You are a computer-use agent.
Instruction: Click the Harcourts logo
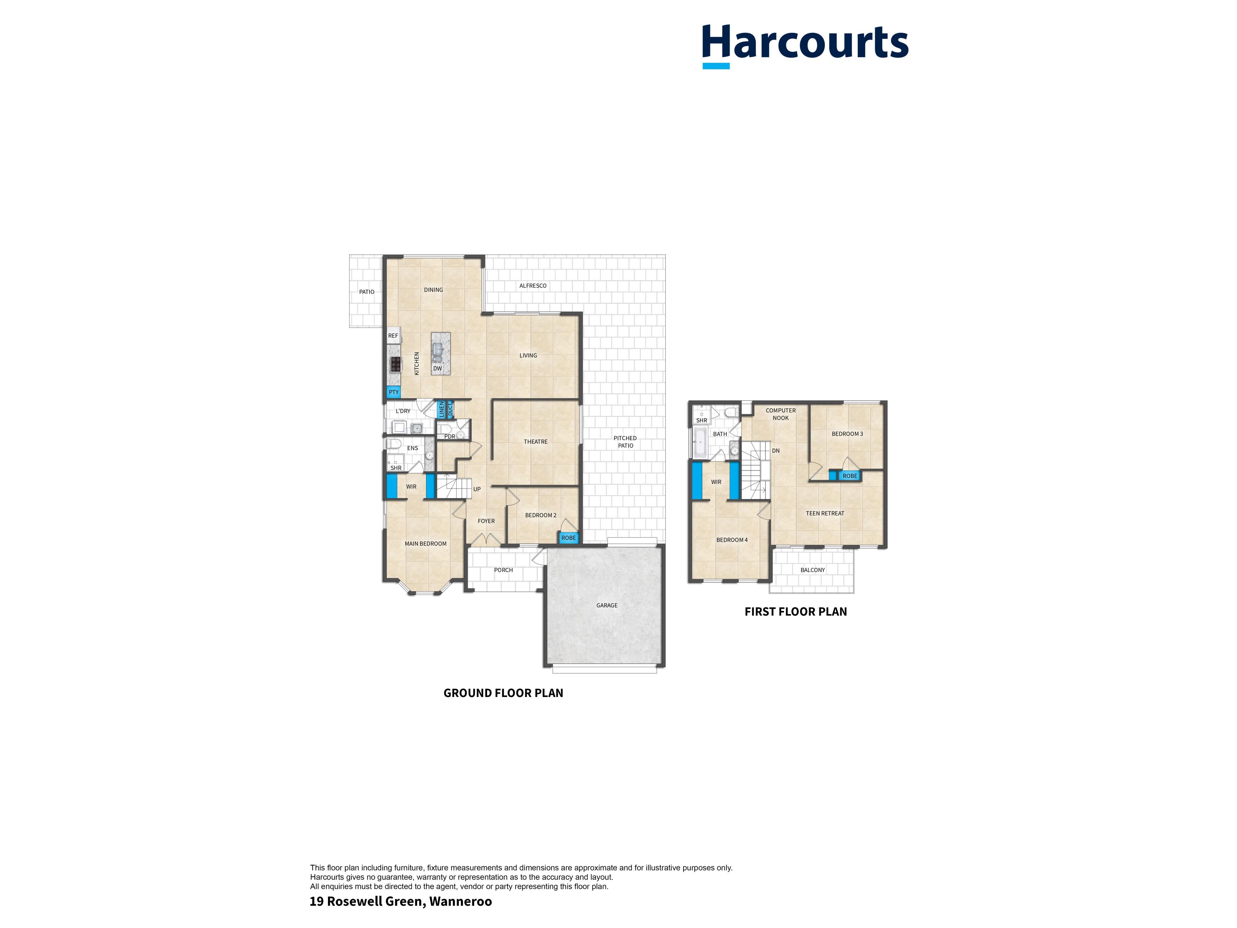[805, 46]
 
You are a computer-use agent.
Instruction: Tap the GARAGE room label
[607, 605]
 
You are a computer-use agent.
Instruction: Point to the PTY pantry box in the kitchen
[394, 392]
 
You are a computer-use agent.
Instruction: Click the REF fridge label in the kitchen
[393, 336]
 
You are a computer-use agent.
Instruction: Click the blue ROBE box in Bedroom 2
[568, 537]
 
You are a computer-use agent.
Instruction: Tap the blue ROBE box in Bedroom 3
[849, 476]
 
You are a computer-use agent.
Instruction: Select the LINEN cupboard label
[441, 410]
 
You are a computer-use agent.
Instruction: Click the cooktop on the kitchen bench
[395, 365]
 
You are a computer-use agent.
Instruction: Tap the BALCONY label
[812, 570]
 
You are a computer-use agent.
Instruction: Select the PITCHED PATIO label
[625, 442]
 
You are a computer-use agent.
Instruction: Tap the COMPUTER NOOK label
[781, 414]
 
